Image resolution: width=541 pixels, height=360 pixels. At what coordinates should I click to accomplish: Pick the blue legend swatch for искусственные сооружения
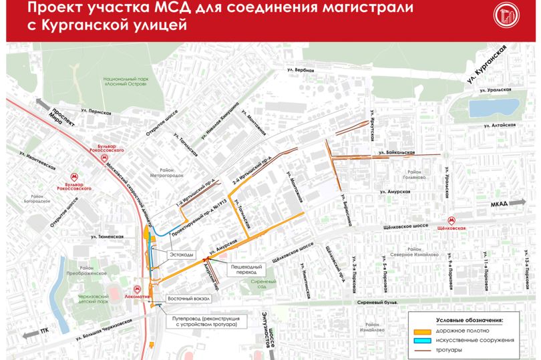[x=421, y=340]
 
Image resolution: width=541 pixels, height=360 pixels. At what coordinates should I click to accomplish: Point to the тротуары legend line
[x=421, y=350]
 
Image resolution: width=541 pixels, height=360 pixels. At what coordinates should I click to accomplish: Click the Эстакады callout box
[x=181, y=254]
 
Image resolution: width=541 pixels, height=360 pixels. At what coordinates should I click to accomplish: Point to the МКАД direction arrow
[x=518, y=209]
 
